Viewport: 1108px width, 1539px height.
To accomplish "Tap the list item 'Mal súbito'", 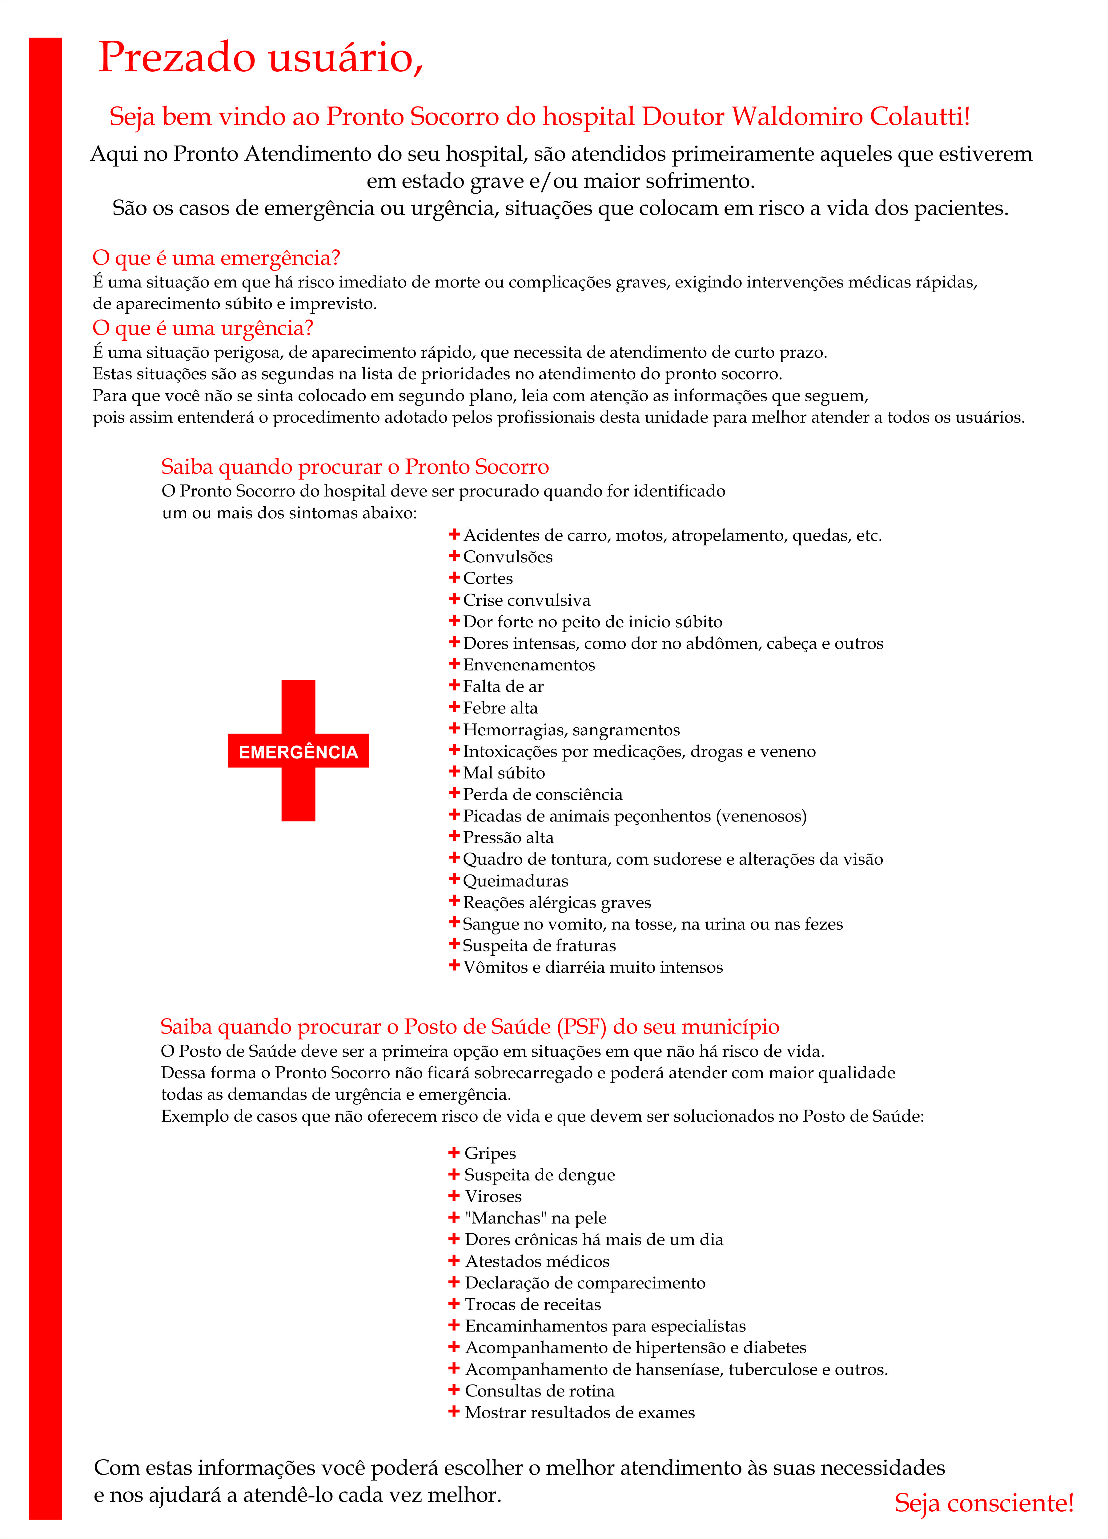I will point(504,773).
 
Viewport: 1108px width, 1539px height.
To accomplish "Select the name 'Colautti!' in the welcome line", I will point(919,117).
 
